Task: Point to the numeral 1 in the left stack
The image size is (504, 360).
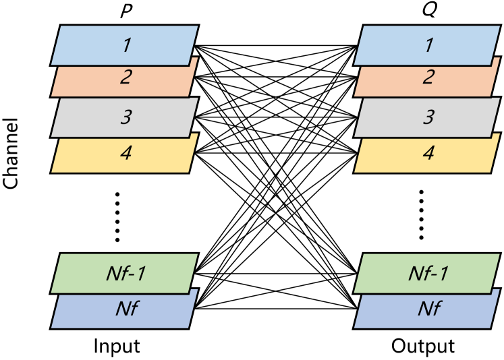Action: (x=126, y=45)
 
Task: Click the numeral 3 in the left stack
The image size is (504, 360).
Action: (x=126, y=117)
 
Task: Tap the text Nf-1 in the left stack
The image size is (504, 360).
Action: (x=126, y=273)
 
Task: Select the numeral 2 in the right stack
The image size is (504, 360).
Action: (x=428, y=77)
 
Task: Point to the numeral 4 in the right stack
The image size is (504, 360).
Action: (x=428, y=153)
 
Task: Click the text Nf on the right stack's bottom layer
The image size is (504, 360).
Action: (x=428, y=309)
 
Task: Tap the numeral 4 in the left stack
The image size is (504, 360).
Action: (x=126, y=153)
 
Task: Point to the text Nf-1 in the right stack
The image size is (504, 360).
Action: (x=428, y=273)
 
